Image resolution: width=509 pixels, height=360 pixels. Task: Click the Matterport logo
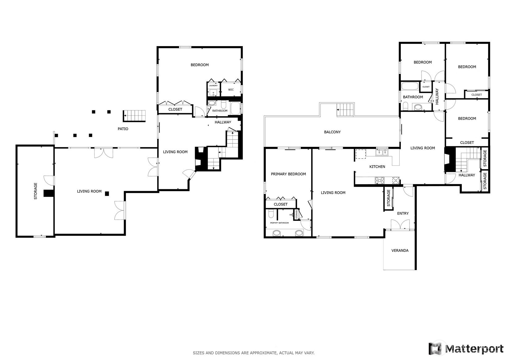(x=466, y=348)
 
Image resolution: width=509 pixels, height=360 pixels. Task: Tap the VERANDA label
(x=400, y=251)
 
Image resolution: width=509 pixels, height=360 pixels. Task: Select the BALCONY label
(x=332, y=132)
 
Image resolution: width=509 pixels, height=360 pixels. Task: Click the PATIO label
(x=123, y=129)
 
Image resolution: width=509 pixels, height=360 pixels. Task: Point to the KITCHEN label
(x=377, y=166)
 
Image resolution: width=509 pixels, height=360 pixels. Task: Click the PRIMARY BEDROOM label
(x=288, y=174)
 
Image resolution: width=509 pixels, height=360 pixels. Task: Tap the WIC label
(x=231, y=90)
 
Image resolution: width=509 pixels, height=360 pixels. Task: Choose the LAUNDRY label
(x=213, y=85)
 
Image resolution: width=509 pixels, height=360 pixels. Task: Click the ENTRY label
(x=403, y=213)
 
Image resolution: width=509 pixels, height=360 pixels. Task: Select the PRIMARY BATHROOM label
(x=279, y=223)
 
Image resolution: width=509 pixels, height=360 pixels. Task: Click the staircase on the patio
(x=134, y=116)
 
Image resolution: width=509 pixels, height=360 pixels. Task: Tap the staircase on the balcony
(x=346, y=109)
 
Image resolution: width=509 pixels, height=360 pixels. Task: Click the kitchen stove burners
(x=380, y=181)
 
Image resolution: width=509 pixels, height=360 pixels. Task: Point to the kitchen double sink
(x=382, y=152)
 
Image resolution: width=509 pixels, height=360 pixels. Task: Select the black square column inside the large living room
(x=107, y=194)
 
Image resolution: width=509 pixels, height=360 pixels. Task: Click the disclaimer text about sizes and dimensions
(x=254, y=353)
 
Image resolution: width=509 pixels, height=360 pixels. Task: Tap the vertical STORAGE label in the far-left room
(x=36, y=191)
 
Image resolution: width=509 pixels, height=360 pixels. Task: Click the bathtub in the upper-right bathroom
(x=410, y=86)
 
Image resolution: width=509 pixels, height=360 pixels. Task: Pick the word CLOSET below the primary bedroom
(x=281, y=204)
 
